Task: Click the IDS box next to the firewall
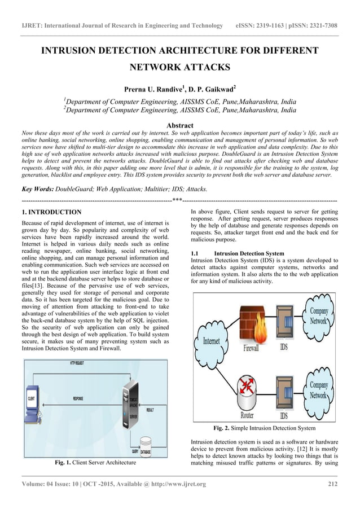[x=284, y=326]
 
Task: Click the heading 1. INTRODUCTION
[x=51, y=212]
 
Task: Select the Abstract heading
[x=180, y=125]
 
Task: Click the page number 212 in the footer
[x=332, y=484]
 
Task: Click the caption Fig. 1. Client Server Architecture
[x=95, y=463]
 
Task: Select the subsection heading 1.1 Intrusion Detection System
[x=238, y=253]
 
